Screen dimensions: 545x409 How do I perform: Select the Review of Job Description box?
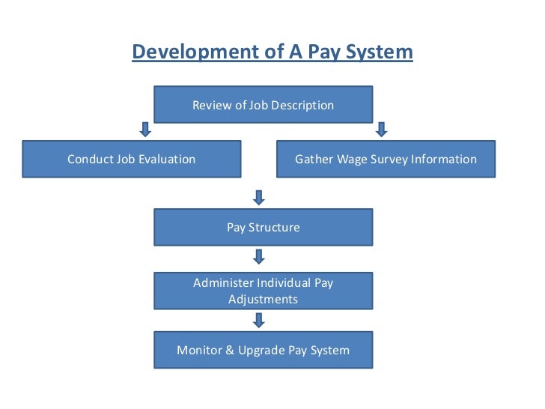coord(263,105)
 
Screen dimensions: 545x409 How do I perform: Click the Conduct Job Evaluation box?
coord(132,159)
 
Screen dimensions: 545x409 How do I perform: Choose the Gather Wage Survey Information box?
coord(386,159)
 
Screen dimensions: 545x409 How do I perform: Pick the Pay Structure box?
coord(263,227)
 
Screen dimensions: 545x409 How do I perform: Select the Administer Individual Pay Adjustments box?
coord(263,291)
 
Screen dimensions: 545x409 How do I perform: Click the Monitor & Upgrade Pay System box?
coord(263,350)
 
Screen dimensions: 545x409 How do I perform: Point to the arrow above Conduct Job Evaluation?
coord(146,130)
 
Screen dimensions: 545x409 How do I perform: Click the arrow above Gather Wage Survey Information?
coord(381,130)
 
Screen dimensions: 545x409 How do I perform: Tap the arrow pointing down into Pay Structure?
coord(259,198)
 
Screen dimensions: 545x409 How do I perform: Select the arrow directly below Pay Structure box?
coord(259,257)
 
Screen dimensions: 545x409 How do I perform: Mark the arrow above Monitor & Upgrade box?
coord(259,321)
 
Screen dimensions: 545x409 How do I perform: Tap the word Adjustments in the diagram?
coord(263,300)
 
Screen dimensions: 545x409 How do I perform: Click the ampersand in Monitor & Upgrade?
coord(230,350)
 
